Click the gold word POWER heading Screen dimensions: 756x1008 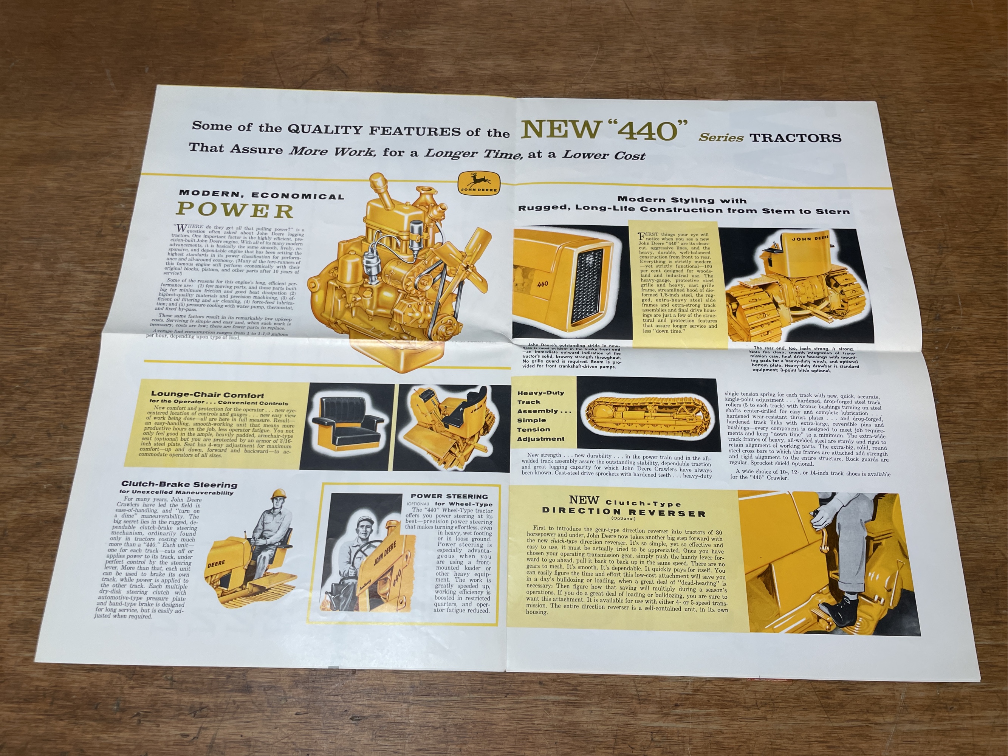[x=235, y=211]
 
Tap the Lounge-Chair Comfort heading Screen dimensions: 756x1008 [x=207, y=395]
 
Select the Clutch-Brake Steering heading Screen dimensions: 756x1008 [x=179, y=484]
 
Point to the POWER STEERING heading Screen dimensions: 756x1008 [x=449, y=496]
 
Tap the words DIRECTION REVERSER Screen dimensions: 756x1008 [x=624, y=513]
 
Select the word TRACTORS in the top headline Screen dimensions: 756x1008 [x=795, y=138]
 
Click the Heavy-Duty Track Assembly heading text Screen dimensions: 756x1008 [x=541, y=415]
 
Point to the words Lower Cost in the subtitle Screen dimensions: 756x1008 [x=604, y=155]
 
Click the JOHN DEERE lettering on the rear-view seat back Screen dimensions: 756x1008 [x=810, y=239]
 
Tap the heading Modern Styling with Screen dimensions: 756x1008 [x=682, y=200]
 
